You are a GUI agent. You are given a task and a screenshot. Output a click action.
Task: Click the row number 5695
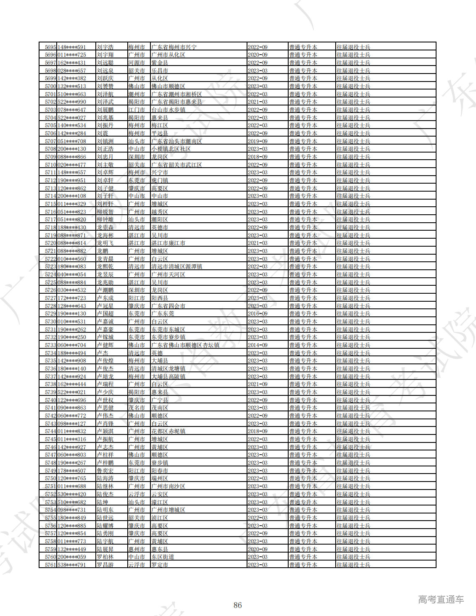[x=50, y=47]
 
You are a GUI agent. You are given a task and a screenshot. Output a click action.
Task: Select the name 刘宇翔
[x=105, y=55]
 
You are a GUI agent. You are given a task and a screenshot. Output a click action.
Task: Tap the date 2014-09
[x=258, y=345]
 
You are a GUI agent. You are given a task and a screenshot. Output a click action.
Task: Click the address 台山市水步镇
[x=168, y=110]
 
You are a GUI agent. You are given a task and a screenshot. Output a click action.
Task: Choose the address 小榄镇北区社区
[x=171, y=149]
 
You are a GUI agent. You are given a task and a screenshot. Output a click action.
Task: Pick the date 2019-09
[x=258, y=141]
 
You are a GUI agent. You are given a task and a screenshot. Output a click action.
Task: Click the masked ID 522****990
[x=72, y=102]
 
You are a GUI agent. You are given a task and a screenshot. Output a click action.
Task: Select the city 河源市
[x=137, y=63]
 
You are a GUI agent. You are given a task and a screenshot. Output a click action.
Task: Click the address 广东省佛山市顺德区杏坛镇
[x=185, y=345]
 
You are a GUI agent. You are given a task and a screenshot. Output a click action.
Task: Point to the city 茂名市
[x=137, y=408]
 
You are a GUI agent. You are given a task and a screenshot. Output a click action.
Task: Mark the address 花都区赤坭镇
[x=168, y=432]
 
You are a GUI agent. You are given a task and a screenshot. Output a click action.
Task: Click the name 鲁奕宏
[x=105, y=471]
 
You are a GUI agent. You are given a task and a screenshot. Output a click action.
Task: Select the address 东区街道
[x=163, y=557]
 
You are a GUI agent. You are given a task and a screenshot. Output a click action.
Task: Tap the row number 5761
[x=50, y=565]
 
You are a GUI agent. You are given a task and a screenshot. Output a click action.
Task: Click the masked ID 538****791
[x=72, y=565]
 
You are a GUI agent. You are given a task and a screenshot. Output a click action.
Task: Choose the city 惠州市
[x=137, y=549]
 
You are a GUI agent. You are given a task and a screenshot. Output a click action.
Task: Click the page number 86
[x=238, y=605]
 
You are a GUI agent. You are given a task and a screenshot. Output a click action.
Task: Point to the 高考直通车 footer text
[x=441, y=600]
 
